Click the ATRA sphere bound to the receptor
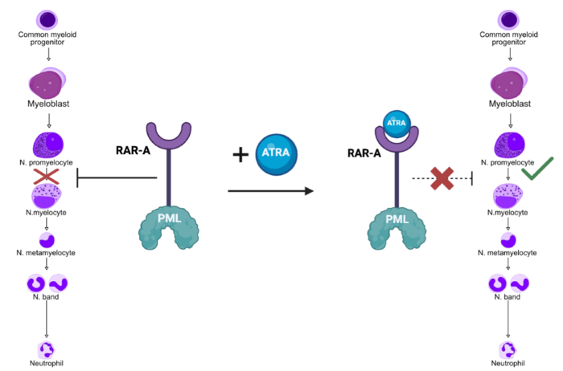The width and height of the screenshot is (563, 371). pos(395,124)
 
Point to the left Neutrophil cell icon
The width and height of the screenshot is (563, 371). pos(47,349)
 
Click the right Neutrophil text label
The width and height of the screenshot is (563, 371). pos(508,364)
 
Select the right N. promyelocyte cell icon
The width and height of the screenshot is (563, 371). pos(508,146)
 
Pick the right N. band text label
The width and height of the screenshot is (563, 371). pos(508,297)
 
